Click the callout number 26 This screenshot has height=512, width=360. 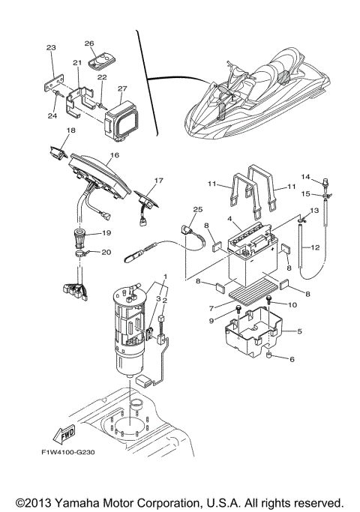point(89,43)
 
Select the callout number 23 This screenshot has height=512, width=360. point(51,48)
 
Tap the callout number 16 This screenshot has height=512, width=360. point(114,156)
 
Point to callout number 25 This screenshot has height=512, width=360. point(198,209)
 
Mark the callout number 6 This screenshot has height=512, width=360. point(292,359)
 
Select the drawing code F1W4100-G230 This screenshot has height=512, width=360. point(67,453)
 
